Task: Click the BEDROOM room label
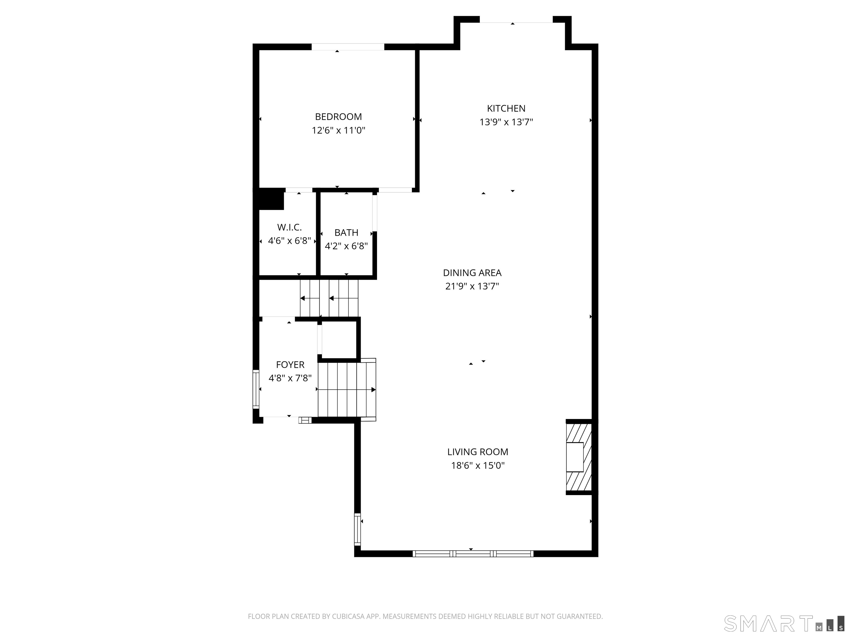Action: coord(338,117)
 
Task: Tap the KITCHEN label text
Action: coord(506,109)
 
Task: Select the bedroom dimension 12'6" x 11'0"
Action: coord(338,130)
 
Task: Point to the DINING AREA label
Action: coord(472,273)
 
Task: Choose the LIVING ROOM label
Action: coord(477,452)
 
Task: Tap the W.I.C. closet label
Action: coord(289,227)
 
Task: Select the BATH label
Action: coord(346,233)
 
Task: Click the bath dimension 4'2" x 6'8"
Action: coord(346,246)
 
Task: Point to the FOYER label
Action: coord(290,365)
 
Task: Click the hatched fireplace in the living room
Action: coord(578,457)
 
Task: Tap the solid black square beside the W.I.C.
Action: coord(271,199)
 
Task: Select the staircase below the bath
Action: coord(329,298)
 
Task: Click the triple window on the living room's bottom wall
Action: coord(473,554)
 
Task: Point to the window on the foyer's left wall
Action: coord(256,389)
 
